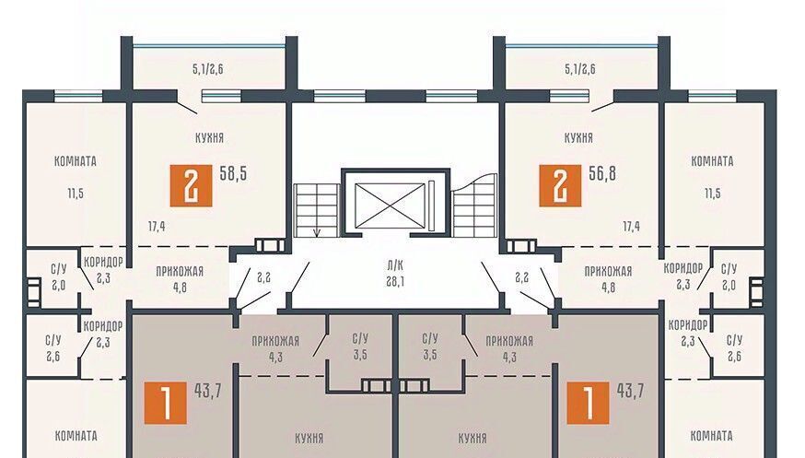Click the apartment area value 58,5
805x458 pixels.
233,173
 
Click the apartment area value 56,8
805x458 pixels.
602,173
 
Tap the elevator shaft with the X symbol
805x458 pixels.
391,206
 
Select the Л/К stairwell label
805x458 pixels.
395,265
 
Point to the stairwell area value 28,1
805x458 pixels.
395,281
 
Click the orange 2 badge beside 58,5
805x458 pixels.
191,185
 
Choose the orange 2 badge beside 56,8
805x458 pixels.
560,185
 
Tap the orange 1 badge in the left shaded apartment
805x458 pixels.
165,403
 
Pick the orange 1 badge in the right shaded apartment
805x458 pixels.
588,403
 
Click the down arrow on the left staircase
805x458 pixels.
317,232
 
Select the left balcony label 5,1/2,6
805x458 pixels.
208,69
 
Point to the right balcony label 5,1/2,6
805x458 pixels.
580,69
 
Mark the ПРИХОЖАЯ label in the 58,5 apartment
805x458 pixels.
180,271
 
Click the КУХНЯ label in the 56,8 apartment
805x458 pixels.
578,137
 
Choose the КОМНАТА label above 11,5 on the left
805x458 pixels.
76,161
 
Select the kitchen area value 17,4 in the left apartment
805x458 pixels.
157,227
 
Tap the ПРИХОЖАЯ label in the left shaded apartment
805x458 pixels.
275,341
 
